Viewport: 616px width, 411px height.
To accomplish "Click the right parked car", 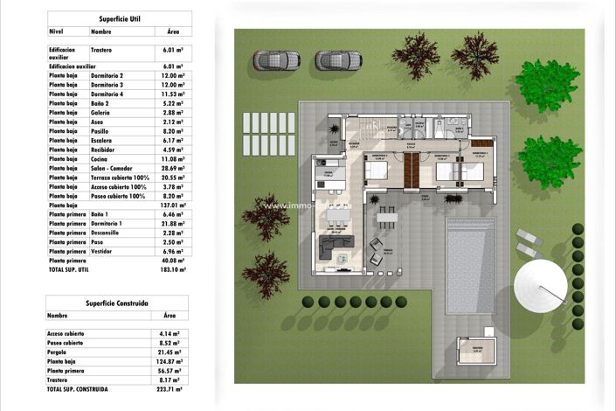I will [337, 59].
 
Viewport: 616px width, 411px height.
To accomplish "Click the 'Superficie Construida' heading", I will [116, 302].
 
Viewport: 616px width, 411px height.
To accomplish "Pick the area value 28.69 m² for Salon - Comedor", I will [173, 166].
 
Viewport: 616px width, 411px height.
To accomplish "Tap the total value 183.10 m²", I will [173, 270].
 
